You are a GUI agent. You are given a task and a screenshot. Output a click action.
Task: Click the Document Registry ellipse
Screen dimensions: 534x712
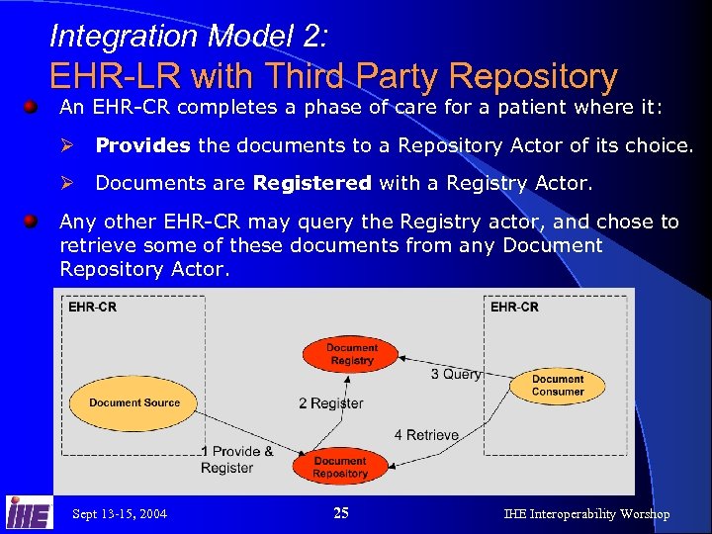352,354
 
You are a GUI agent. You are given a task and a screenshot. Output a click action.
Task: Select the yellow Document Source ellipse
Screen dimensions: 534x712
134,402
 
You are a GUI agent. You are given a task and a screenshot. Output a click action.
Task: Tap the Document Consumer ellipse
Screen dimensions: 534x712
558,386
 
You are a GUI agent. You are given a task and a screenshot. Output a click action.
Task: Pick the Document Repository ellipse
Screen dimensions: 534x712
340,467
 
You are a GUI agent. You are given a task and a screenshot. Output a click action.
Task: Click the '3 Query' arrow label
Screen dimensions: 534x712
456,374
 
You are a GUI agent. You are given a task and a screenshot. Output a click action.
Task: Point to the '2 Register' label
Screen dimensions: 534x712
330,403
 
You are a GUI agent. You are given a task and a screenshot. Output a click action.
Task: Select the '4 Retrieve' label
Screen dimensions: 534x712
426,435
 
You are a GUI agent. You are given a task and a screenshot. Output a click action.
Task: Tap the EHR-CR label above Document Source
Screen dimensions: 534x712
92,308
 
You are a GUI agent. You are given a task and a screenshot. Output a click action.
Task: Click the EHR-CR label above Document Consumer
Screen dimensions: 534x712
514,308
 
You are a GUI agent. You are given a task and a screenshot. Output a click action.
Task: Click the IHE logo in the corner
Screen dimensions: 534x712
29,512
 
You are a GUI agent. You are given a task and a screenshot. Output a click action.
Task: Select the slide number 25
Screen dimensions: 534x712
341,513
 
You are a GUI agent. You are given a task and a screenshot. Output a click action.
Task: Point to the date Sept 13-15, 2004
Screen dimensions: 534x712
120,514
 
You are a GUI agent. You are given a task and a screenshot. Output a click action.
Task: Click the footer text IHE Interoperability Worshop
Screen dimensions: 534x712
586,514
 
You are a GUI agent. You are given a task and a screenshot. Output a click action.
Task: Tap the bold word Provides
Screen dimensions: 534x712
142,145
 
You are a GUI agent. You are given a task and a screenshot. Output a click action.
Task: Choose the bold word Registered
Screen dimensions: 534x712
311,182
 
